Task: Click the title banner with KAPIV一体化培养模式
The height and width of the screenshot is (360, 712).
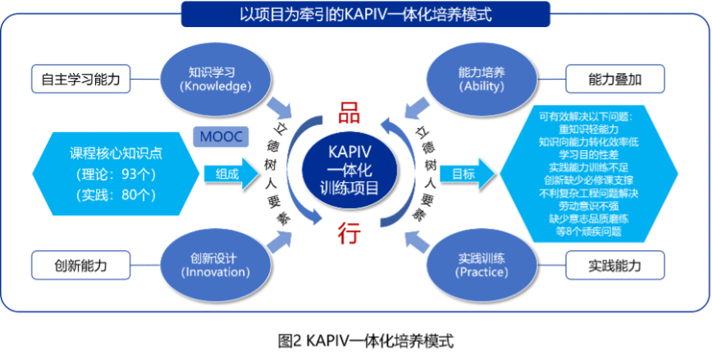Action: (x=354, y=14)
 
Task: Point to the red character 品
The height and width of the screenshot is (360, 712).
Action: (x=349, y=113)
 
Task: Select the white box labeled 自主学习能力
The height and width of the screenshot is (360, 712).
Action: (x=80, y=80)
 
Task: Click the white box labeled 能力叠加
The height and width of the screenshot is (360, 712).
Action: (x=614, y=80)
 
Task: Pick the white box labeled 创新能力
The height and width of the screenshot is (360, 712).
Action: (x=80, y=265)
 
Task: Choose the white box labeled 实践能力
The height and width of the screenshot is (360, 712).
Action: (x=614, y=265)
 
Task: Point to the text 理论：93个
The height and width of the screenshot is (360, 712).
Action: (x=113, y=174)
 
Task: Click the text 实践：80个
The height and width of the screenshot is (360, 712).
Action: (x=113, y=194)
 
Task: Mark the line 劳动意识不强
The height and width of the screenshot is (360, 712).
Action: (x=588, y=207)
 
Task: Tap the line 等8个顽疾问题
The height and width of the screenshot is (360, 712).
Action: (x=588, y=231)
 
